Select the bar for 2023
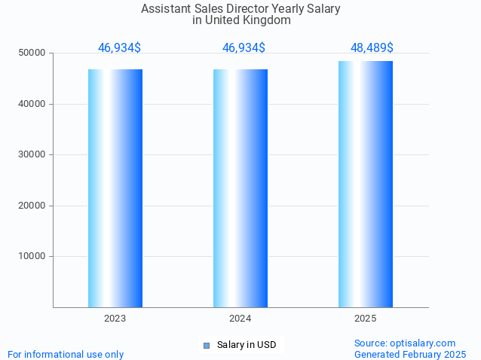click(115, 188)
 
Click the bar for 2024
click(240, 188)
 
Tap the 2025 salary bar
click(366, 184)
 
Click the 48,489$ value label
click(372, 48)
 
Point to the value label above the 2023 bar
click(119, 48)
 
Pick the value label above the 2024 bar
click(244, 48)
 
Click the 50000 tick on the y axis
click(32, 53)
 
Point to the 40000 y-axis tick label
click(32, 104)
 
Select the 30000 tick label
click(32, 154)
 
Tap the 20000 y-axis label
click(32, 206)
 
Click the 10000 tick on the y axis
click(32, 256)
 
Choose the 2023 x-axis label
click(115, 319)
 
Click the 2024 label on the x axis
click(240, 319)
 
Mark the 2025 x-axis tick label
click(366, 319)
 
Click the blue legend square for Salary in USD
click(207, 346)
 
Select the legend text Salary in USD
click(247, 346)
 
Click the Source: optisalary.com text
click(405, 343)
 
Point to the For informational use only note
click(66, 355)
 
